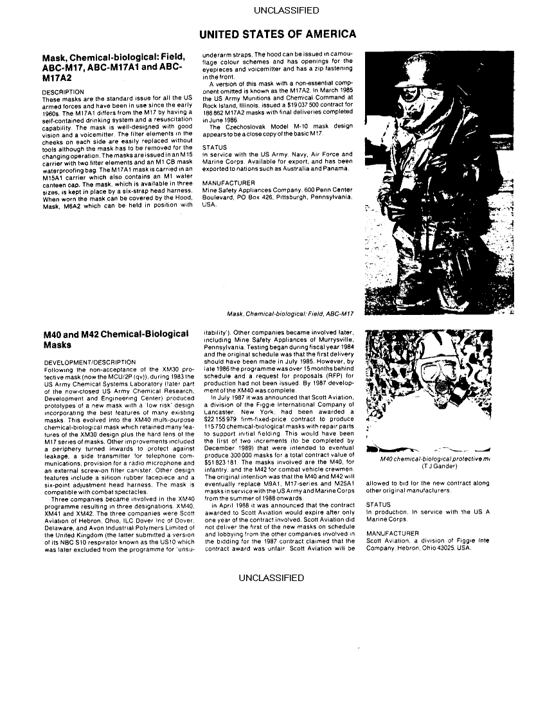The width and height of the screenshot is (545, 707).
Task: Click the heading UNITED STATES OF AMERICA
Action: coord(277,33)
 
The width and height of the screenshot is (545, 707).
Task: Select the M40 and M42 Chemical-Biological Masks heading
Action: coord(116,339)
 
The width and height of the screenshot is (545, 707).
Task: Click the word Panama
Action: coord(338,169)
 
